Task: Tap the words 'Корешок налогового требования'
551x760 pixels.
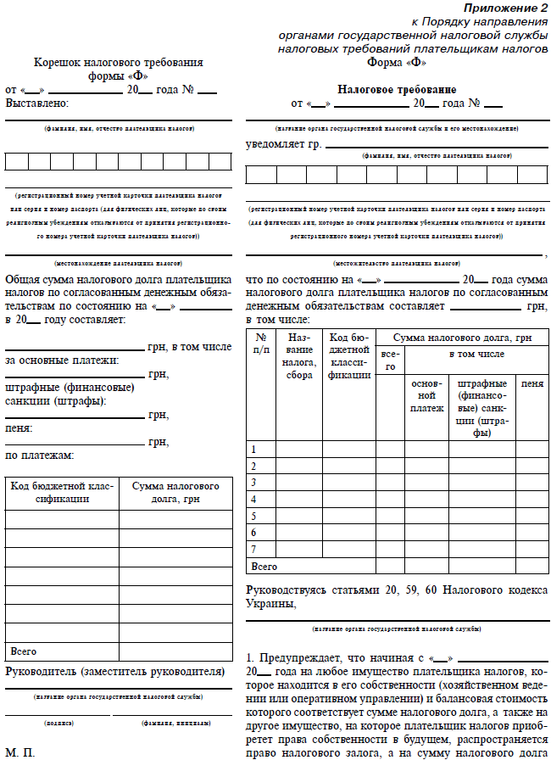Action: (118, 63)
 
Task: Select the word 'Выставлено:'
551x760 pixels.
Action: (37, 103)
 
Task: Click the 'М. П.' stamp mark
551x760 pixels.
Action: (20, 752)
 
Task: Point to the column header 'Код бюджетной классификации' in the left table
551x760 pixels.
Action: (61, 493)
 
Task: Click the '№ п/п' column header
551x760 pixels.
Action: (260, 343)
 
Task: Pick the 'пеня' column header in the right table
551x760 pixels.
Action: (532, 384)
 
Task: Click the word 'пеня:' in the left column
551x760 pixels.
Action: (19, 428)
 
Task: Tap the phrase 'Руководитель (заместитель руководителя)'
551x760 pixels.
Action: (114, 672)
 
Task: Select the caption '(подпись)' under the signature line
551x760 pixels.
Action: (58, 723)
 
